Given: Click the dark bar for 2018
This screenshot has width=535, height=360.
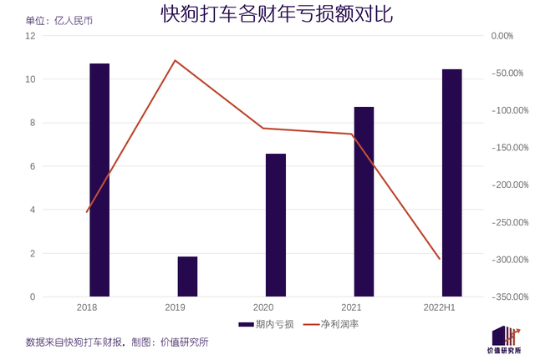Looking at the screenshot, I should coord(99,180).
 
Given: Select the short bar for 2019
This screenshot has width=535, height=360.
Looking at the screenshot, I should coord(187,276).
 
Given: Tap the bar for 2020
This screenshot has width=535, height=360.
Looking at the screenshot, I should coord(276,226).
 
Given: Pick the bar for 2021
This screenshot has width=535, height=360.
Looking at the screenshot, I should coord(364,201).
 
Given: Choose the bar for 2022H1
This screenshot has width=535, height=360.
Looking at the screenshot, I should coord(451,183).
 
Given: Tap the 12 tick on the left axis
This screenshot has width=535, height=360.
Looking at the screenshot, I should coord(31,36).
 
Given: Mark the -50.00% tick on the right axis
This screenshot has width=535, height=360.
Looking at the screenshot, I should coord(509,74).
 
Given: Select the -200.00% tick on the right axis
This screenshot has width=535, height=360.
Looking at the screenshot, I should coord(507,185).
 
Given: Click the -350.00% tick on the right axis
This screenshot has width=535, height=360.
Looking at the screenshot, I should coord(507,297).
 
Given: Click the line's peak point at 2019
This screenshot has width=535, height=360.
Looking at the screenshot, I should coord(175,60).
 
